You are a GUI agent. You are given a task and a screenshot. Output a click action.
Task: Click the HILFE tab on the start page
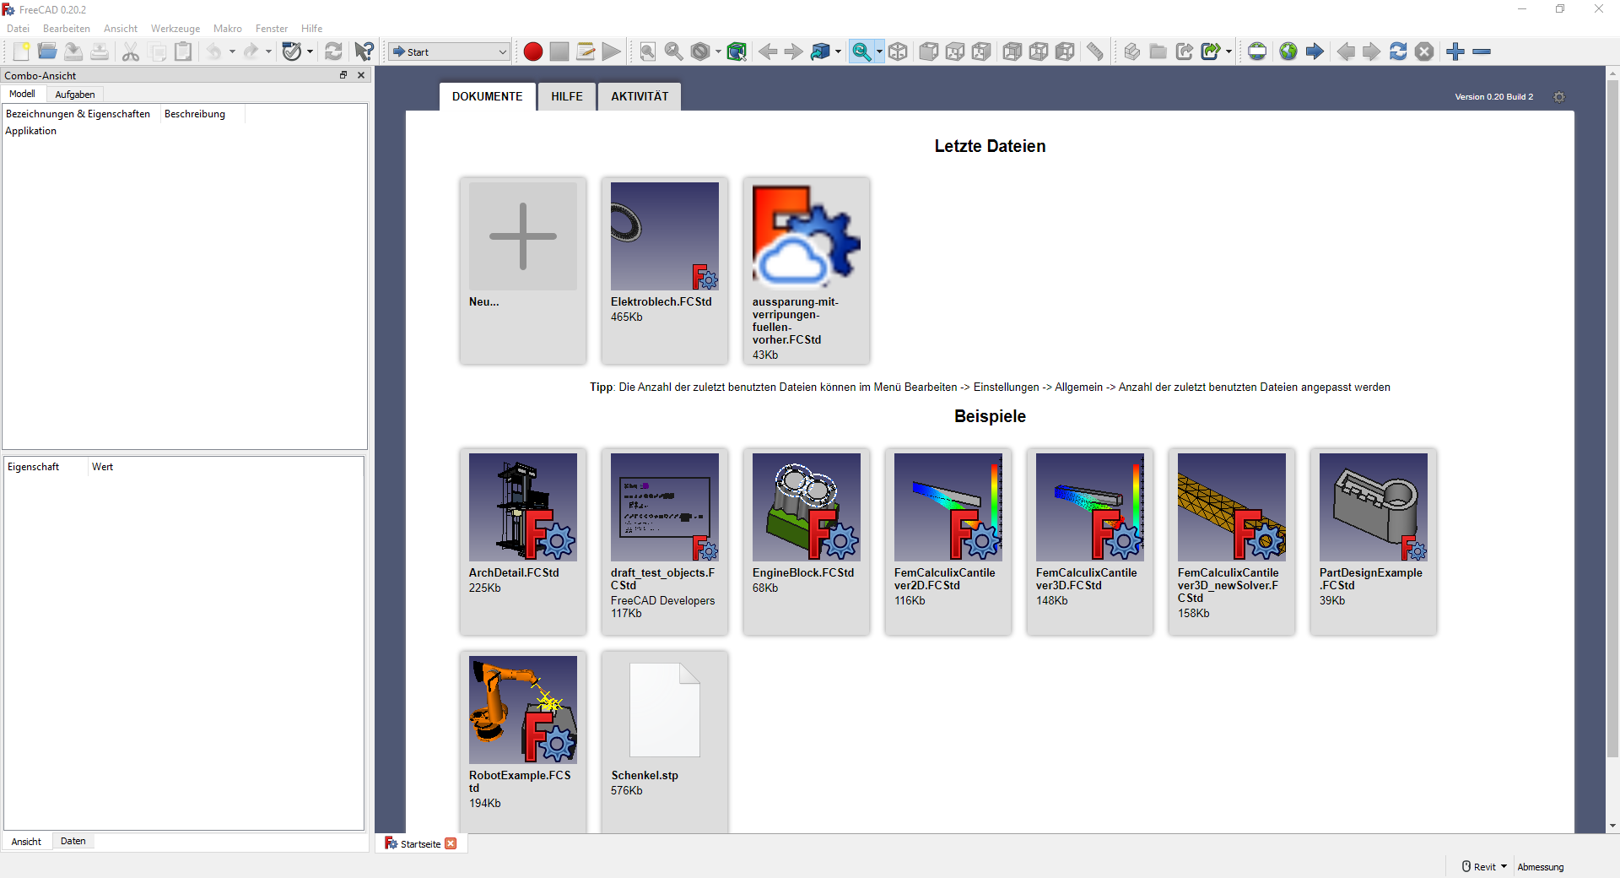(567, 96)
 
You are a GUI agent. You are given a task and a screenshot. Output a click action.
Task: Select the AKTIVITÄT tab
(640, 96)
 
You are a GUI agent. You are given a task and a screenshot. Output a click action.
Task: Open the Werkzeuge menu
(175, 29)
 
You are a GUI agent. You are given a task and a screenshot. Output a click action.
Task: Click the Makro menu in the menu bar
(228, 29)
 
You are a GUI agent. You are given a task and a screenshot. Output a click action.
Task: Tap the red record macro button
(532, 51)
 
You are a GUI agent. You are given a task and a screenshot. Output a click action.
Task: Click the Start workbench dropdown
(450, 51)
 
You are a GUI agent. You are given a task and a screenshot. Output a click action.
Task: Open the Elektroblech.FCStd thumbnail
(665, 236)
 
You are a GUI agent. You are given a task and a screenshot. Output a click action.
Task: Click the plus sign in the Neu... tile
(523, 236)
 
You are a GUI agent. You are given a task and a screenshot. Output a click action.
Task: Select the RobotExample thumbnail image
(523, 710)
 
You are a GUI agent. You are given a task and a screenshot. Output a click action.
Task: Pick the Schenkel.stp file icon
(665, 710)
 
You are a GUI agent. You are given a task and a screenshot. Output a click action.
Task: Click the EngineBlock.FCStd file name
(803, 572)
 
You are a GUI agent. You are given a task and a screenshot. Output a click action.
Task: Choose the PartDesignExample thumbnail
(1374, 507)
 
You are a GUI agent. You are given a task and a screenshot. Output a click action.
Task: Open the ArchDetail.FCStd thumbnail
(523, 507)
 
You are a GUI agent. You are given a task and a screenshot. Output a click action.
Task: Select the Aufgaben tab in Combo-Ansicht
(75, 95)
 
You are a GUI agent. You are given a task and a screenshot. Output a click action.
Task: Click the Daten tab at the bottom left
(73, 841)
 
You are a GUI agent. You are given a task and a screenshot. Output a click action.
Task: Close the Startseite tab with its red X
(451, 843)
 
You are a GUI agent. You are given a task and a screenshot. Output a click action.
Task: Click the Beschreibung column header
(195, 114)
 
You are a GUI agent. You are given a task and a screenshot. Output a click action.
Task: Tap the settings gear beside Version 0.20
(1559, 97)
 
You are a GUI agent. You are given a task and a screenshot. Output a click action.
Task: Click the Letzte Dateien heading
(990, 146)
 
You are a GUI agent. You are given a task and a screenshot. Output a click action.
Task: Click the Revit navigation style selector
(1484, 867)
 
